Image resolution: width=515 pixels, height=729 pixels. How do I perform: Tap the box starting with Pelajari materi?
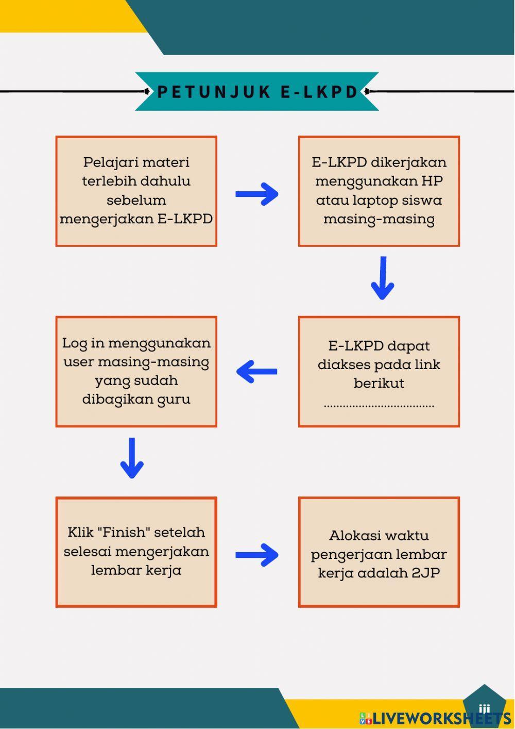[136, 191]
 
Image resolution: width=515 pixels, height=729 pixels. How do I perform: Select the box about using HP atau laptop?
[379, 191]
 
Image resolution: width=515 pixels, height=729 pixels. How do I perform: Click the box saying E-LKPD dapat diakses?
[379, 371]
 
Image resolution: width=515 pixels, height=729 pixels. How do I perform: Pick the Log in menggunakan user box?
[136, 371]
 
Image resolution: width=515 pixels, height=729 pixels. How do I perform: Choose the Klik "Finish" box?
[136, 552]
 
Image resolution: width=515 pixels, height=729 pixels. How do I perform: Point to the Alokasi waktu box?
[379, 552]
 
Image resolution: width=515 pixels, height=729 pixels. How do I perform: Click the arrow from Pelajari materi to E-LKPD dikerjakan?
[257, 194]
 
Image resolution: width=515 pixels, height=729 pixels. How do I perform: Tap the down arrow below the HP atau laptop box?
[382, 278]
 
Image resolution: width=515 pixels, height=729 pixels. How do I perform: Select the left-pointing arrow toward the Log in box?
[257, 371]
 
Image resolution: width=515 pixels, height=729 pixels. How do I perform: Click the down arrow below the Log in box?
[132, 458]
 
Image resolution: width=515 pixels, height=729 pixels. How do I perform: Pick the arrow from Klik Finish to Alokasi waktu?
[257, 555]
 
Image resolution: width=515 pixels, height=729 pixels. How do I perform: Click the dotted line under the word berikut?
[379, 406]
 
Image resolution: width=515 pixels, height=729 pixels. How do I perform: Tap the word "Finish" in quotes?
[126, 532]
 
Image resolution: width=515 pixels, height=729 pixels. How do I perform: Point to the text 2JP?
[425, 573]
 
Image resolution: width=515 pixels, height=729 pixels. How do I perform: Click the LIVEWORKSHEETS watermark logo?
[435, 718]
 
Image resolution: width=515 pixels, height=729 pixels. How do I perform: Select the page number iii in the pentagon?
[484, 709]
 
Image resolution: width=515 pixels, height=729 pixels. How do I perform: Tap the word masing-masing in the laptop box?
[379, 219]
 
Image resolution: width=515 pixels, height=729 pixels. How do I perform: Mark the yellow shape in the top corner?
[67, 15]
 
